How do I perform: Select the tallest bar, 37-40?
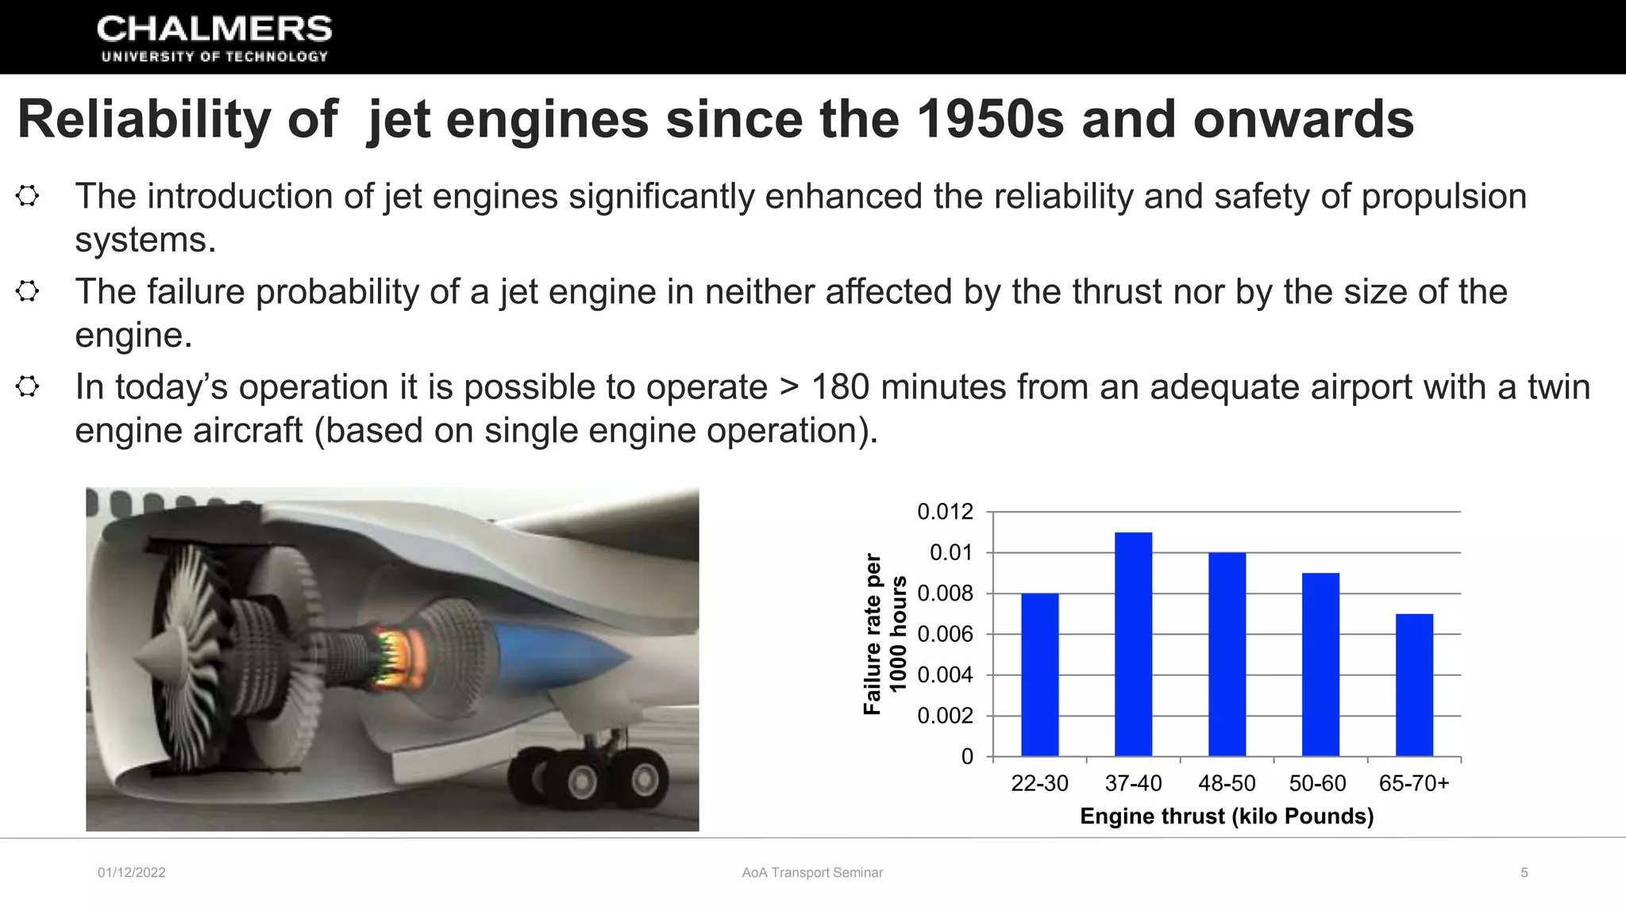pyautogui.click(x=1133, y=644)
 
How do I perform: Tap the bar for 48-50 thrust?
pyautogui.click(x=1227, y=655)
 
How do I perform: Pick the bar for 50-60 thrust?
pyautogui.click(x=1320, y=665)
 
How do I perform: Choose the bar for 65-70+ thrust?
pyautogui.click(x=1414, y=685)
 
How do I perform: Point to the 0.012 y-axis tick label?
pyautogui.click(x=945, y=512)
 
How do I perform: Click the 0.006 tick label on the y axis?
pyautogui.click(x=945, y=634)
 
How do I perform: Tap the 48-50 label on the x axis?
pyautogui.click(x=1227, y=783)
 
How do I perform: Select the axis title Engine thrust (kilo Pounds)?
pyautogui.click(x=1227, y=816)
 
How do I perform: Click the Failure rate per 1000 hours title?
pyautogui.click(x=884, y=634)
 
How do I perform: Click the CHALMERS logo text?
pyautogui.click(x=214, y=30)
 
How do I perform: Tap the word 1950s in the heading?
pyautogui.click(x=989, y=119)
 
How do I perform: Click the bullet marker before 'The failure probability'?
pyautogui.click(x=28, y=291)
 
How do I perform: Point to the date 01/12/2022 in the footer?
pyautogui.click(x=132, y=873)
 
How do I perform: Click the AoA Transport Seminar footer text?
pyautogui.click(x=812, y=873)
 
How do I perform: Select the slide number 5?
pyautogui.click(x=1524, y=873)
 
